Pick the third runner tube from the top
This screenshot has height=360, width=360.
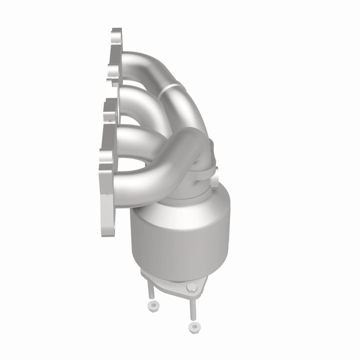point(135,130)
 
